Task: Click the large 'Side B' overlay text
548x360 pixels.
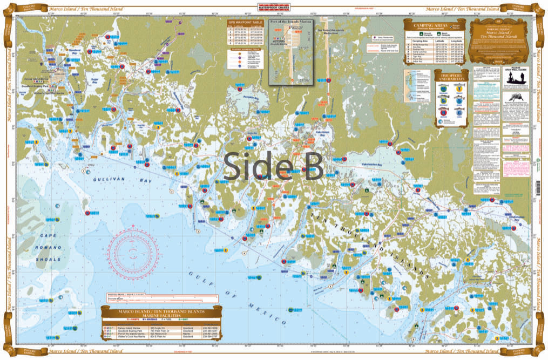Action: (x=273, y=166)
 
